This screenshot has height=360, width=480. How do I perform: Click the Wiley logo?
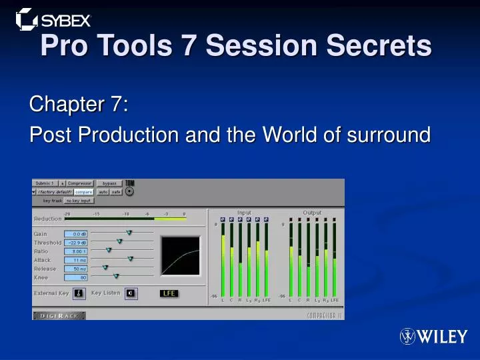pyautogui.click(x=433, y=337)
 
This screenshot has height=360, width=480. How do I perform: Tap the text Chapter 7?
pyautogui.click(x=79, y=105)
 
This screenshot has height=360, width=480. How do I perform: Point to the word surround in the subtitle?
pyautogui.click(x=389, y=135)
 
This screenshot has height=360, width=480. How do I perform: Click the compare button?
pyautogui.click(x=83, y=192)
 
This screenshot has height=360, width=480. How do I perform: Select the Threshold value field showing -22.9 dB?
pyautogui.click(x=76, y=243)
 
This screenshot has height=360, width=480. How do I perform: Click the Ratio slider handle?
pyautogui.click(x=109, y=251)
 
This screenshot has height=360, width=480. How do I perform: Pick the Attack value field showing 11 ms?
pyautogui.click(x=76, y=260)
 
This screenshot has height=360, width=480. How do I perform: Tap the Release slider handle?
pyautogui.click(x=105, y=267)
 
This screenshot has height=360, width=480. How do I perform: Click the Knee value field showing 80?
pyautogui.click(x=76, y=277)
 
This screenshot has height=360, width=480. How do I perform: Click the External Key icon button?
pyautogui.click(x=79, y=293)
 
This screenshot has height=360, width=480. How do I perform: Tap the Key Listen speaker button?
pyautogui.click(x=131, y=293)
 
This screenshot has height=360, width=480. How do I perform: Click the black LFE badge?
pyautogui.click(x=169, y=293)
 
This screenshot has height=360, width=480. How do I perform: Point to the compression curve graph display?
pyautogui.click(x=180, y=255)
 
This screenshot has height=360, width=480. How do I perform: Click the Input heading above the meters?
pyautogui.click(x=244, y=213)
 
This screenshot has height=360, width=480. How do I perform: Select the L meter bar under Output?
pyautogui.click(x=291, y=260)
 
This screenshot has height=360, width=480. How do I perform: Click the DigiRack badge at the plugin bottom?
pyautogui.click(x=59, y=315)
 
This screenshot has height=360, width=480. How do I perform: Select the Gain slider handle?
pyautogui.click(x=129, y=233)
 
